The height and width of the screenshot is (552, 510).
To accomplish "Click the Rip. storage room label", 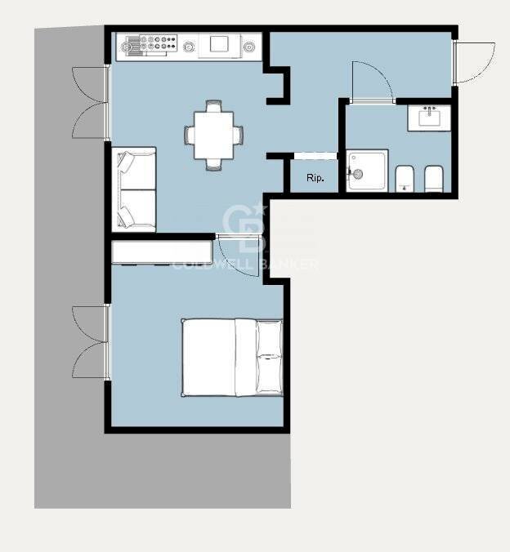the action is pos(315,178).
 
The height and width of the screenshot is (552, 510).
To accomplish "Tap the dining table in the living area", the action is pos(213,136).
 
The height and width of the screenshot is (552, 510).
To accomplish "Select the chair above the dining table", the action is pos(214,105).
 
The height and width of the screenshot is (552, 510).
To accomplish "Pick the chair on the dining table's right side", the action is pos(239,136).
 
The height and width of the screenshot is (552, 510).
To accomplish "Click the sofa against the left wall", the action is pos(134,189).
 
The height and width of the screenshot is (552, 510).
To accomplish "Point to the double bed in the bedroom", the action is pos(232,358).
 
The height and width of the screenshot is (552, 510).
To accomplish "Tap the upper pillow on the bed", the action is pos(269,338).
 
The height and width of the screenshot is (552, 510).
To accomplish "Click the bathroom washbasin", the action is pos(429,118).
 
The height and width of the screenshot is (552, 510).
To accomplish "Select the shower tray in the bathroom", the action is pos(367,171).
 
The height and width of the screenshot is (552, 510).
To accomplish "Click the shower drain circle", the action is pos(358,174).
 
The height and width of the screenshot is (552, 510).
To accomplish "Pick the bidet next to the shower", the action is pos(405,179).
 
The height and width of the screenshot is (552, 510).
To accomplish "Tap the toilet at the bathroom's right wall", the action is pos(433,179).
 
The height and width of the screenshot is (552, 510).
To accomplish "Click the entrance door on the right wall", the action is pos(474,63).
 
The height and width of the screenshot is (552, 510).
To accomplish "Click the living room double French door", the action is pos(91,102).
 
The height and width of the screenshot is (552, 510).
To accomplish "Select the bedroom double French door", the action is pos(91,342).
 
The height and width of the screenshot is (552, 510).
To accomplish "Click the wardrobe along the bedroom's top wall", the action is pos(162,252).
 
